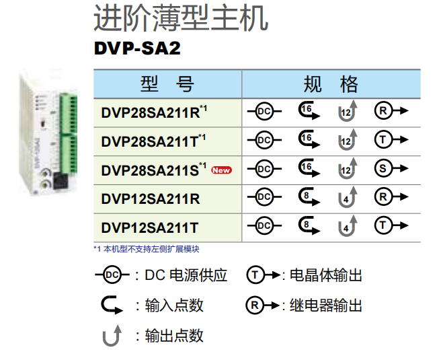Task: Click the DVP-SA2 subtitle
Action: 137,49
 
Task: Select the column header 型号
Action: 167,84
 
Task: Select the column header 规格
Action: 331,84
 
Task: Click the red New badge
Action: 221,170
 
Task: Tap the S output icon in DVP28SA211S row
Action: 390,169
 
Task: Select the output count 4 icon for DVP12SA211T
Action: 347,227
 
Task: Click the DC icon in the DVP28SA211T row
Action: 264,140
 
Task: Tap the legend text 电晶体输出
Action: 325,275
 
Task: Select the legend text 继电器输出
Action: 325,305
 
